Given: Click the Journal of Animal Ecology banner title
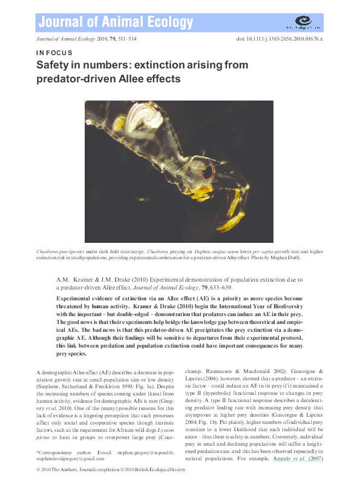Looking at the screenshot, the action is tap(116, 23).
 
